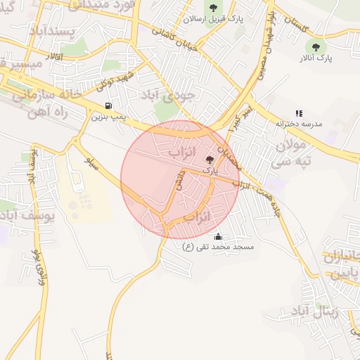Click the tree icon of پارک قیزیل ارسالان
tap(213, 8)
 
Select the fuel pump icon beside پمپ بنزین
tap(108, 105)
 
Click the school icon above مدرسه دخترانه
tap(299, 112)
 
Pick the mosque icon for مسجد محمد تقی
tap(218, 236)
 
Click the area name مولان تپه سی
tap(290, 154)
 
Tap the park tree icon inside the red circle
tap(210, 160)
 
